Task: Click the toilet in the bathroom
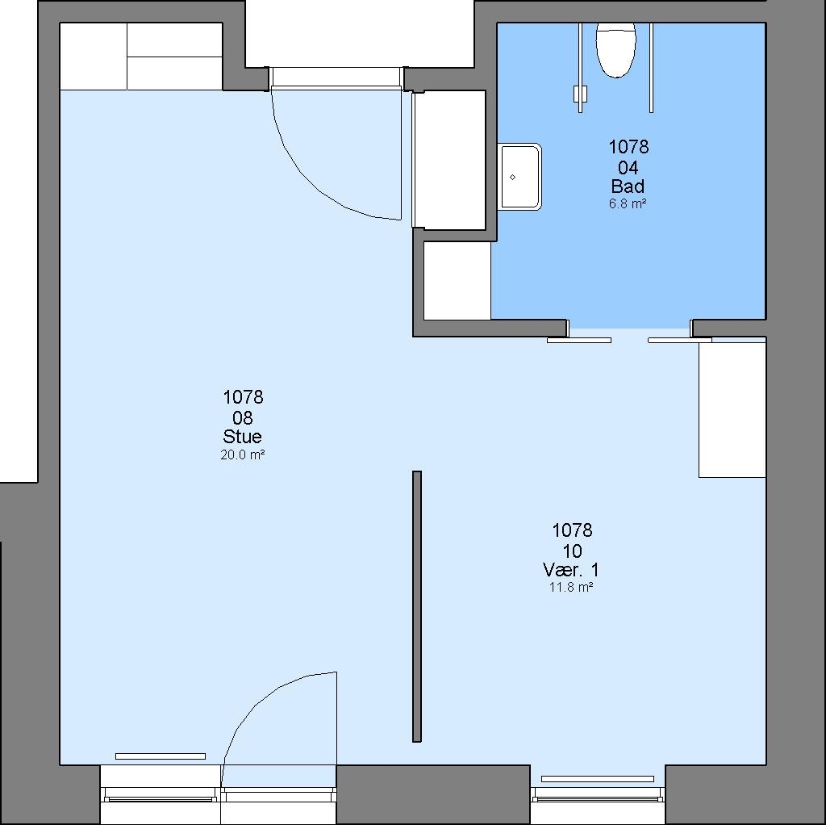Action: (615, 50)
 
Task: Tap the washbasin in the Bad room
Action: (519, 177)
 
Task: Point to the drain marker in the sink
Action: (512, 177)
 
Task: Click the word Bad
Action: (628, 186)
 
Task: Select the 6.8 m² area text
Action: (628, 203)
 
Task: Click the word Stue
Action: (242, 437)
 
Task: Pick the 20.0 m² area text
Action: (242, 454)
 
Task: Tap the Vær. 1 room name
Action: (571, 570)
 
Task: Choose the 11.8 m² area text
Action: (572, 587)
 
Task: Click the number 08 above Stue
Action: (242, 418)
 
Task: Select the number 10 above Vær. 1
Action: (572, 551)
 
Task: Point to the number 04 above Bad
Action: (628, 168)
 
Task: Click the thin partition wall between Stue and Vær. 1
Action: (417, 606)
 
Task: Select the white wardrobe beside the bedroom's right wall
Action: (732, 409)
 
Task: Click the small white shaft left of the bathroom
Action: (457, 280)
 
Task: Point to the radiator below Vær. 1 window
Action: (598, 779)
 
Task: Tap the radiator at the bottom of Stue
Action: (161, 756)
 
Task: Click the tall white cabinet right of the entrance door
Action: (449, 160)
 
